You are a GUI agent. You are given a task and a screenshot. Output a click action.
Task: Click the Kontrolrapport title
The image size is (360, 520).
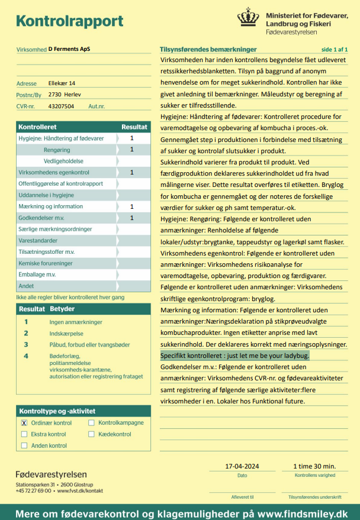[70, 22]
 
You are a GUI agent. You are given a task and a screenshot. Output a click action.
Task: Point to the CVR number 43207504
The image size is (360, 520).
[61, 106]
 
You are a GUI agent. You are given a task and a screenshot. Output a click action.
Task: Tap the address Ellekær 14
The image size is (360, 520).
[62, 83]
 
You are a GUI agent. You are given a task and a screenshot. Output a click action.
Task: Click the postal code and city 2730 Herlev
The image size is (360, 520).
[65, 95]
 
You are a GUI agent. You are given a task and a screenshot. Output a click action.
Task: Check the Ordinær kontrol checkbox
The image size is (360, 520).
[24, 423]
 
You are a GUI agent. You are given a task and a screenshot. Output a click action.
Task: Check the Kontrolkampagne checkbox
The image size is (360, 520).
[92, 423]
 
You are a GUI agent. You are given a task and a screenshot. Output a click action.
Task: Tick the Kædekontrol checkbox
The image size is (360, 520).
[92, 434]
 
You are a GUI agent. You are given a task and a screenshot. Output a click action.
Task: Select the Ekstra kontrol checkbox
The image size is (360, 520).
[24, 434]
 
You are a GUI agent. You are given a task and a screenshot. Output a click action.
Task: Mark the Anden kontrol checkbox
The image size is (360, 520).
[24, 445]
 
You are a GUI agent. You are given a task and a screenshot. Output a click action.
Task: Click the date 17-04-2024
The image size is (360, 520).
[242, 466]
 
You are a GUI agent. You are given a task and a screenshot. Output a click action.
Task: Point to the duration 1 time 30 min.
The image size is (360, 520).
[314, 466]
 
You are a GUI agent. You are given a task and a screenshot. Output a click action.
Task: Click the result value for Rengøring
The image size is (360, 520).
[132, 150]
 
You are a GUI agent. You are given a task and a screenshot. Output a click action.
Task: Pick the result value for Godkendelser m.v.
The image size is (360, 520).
[132, 218]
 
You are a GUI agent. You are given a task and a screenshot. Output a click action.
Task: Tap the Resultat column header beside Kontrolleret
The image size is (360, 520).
[134, 127]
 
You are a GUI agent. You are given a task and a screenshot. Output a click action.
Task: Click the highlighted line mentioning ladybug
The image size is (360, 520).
[235, 356]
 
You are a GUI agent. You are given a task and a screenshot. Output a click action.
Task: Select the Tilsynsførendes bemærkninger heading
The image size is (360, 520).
[208, 50]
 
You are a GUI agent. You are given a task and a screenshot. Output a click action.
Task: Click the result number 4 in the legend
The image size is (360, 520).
[26, 356]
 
